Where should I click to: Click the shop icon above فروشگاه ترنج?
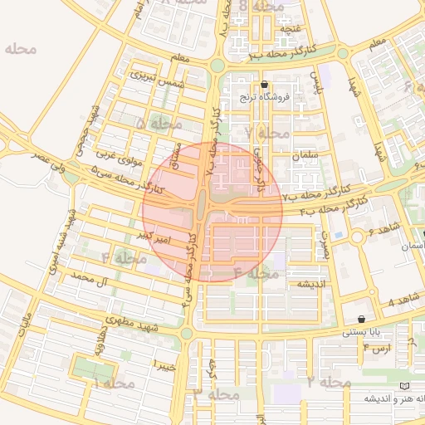click(x=264, y=85)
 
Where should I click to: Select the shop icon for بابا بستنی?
click(x=361, y=320)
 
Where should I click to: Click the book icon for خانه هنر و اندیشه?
click(x=404, y=387)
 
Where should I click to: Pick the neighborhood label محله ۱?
click(x=114, y=383)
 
